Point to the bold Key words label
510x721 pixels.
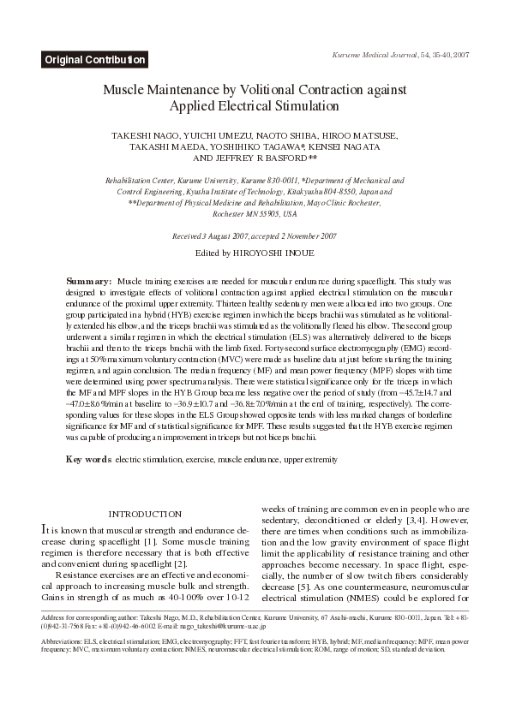[88, 460]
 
